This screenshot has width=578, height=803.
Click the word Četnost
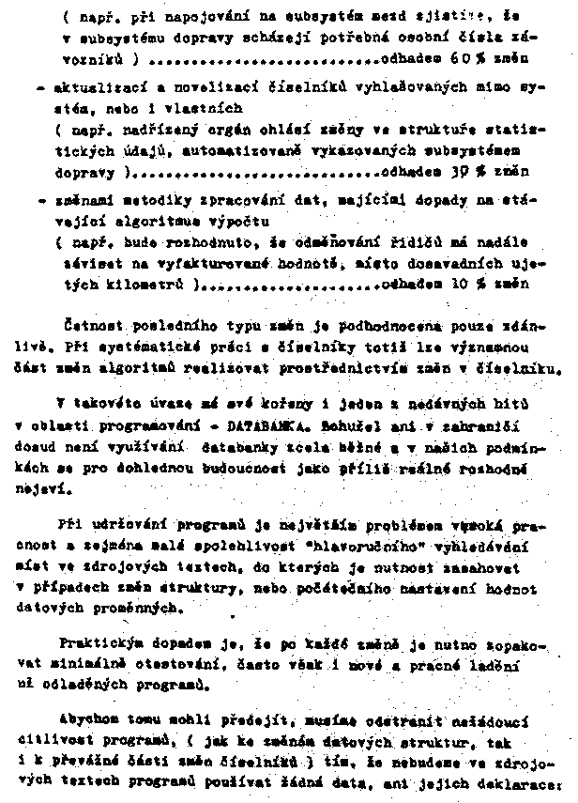[92, 327]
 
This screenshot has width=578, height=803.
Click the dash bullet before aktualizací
[39, 89]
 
